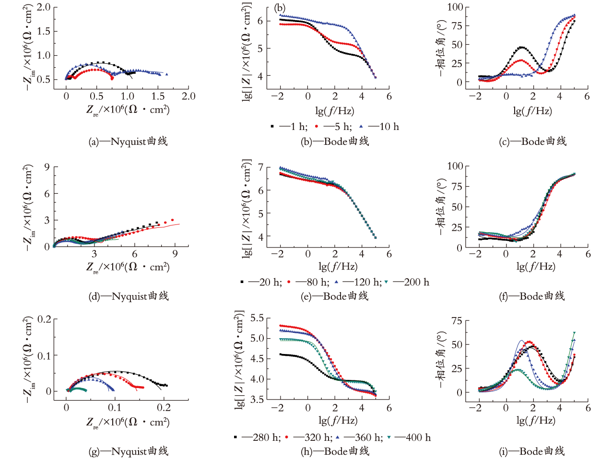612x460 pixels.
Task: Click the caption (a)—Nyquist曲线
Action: click(128, 142)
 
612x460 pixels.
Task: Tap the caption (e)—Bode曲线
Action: click(335, 296)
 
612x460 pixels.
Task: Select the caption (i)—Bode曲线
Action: click(532, 451)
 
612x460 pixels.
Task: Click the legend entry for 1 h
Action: click(289, 127)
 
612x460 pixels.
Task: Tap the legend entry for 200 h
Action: click(407, 282)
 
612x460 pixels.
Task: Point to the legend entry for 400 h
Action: click(409, 437)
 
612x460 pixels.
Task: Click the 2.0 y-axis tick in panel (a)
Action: click(44, 7)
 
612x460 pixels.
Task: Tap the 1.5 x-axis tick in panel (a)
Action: click(158, 96)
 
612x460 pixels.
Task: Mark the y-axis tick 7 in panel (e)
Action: click(260, 167)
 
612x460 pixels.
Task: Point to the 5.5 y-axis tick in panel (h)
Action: click(257, 318)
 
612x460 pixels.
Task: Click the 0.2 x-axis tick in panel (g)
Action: click(164, 408)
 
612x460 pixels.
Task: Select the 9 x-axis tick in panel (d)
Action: click(175, 254)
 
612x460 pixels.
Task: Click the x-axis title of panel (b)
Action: click(335, 111)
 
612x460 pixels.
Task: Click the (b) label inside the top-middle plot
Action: click(280, 8)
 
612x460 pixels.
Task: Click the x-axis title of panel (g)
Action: click(128, 423)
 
